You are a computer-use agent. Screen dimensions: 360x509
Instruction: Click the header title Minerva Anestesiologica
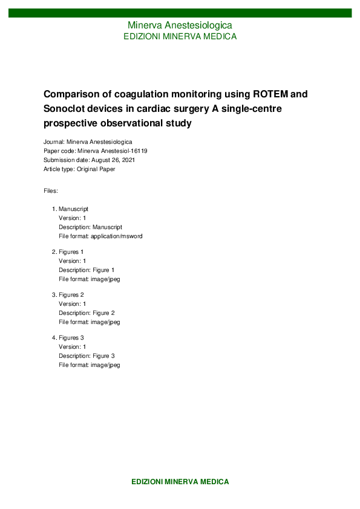(180, 25)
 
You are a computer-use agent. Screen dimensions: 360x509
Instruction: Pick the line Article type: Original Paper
(79, 169)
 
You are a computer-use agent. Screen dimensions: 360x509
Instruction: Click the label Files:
(51, 190)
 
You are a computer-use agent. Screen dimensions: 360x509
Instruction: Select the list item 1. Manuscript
(70, 209)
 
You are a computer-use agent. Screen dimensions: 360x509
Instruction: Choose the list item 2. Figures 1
(68, 251)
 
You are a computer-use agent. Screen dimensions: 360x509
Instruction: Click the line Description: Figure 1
(86, 270)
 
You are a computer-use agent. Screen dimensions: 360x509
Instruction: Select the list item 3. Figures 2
(68, 294)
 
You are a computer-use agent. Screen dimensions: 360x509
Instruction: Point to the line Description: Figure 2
(86, 313)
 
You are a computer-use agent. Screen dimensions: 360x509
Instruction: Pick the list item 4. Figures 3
(68, 337)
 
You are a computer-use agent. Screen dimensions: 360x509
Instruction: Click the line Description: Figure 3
(86, 356)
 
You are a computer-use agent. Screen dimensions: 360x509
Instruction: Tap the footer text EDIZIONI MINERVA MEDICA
(180, 482)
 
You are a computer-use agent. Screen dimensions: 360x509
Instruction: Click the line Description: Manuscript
(90, 227)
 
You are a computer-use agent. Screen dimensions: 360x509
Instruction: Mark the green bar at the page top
(180, 13)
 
